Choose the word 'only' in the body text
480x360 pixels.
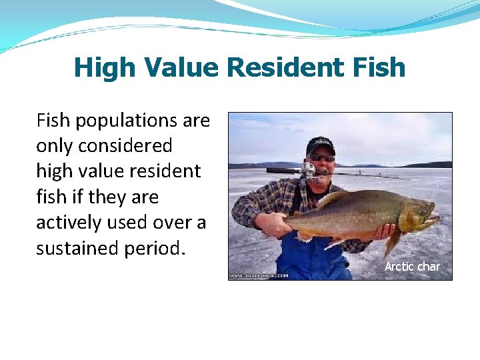[51, 146]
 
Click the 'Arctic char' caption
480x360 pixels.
[412, 267]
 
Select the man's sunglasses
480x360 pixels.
[322, 158]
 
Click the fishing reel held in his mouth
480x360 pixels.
[309, 169]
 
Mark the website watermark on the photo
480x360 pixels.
[259, 275]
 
